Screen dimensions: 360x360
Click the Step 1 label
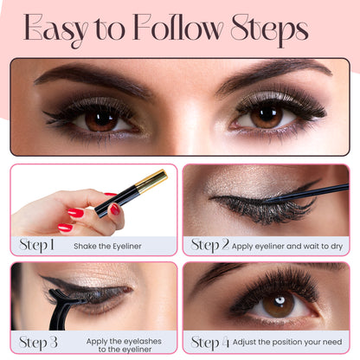(37, 245)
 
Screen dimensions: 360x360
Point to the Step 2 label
(210, 245)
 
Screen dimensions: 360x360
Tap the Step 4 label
(210, 342)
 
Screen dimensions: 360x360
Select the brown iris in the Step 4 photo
(278, 305)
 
